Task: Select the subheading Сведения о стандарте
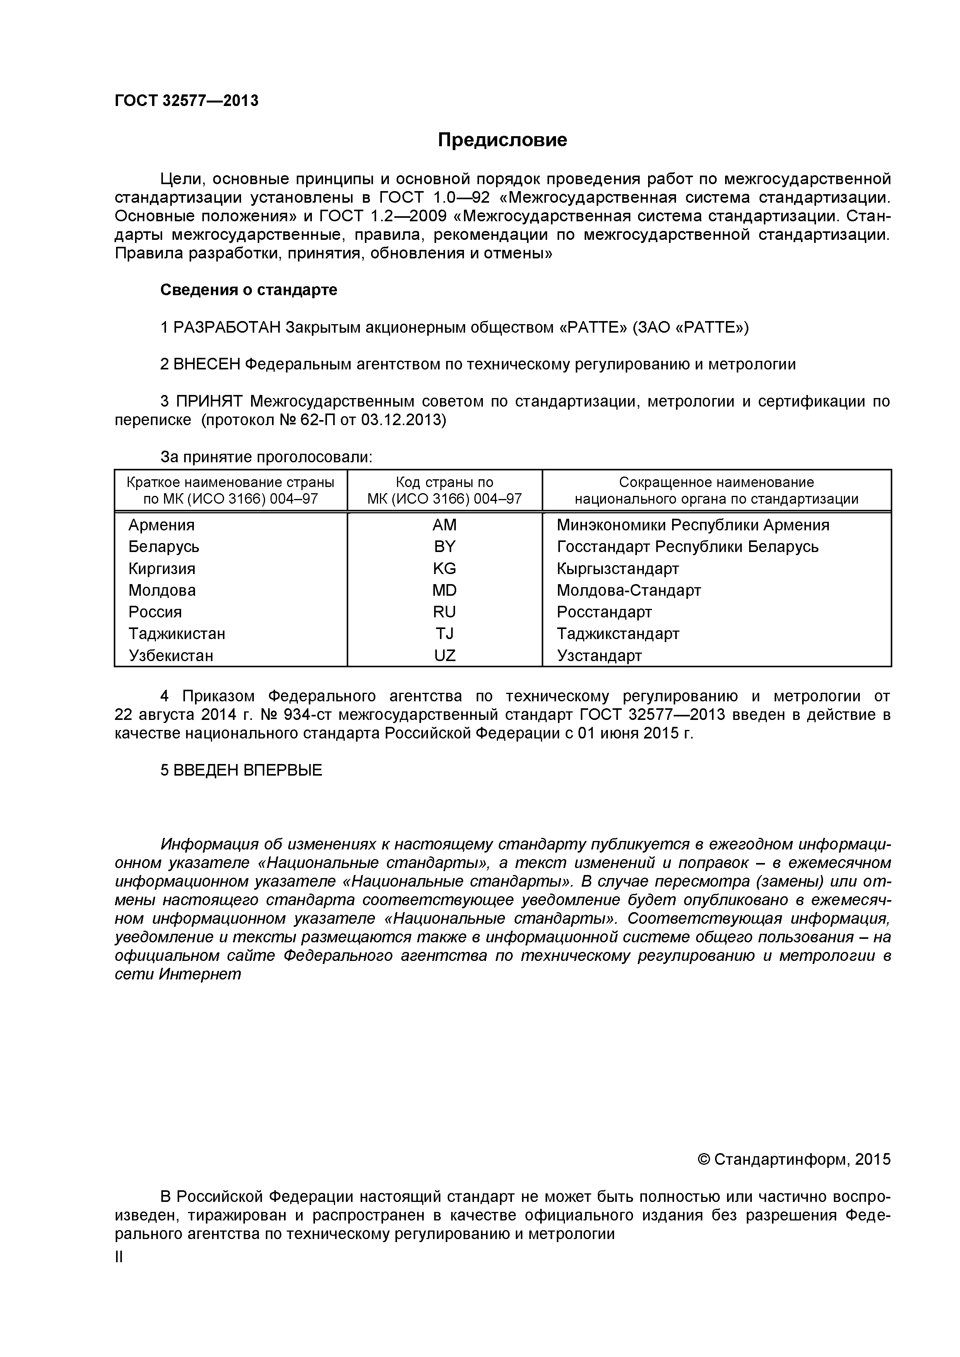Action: [248, 290]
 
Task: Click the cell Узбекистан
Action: [171, 655]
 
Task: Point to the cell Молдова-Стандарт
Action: [628, 590]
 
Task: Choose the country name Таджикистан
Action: [177, 634]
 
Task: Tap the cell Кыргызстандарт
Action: [618, 569]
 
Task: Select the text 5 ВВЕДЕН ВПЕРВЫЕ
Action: [241, 770]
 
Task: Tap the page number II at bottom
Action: [119, 1256]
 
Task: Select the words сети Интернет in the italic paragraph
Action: [178, 974]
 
